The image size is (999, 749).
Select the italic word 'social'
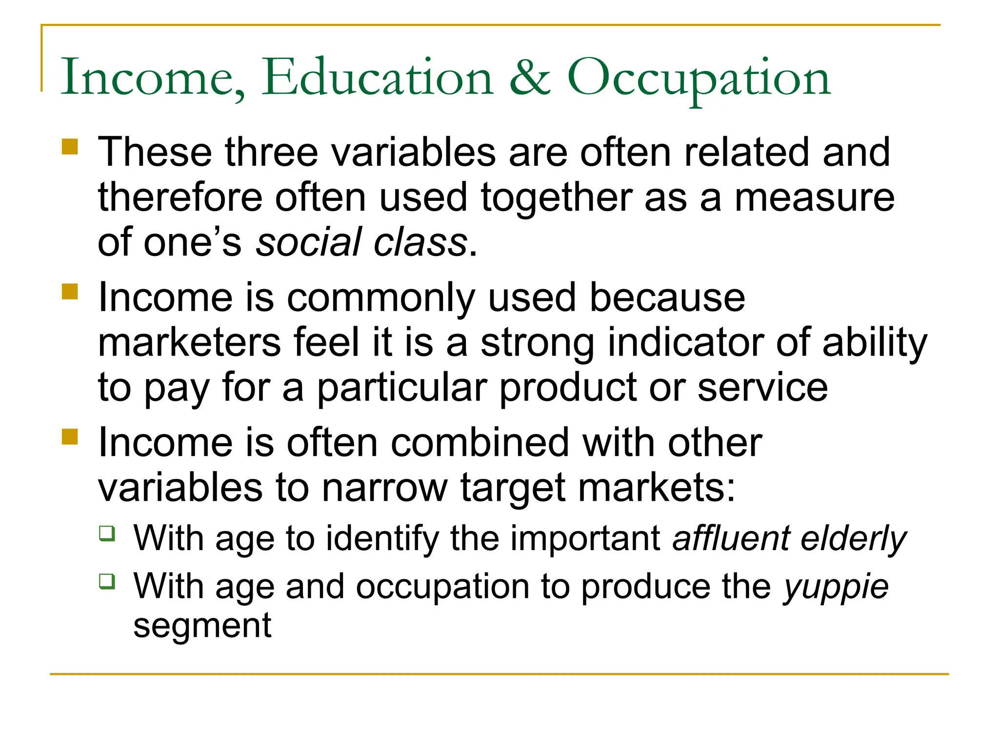308,242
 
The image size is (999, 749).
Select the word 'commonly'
381,298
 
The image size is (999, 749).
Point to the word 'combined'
480,443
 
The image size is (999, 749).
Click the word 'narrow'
384,488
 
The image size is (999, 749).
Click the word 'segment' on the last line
202,625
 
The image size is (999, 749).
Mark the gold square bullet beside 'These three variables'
70,147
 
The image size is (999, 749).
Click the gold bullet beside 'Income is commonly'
70,292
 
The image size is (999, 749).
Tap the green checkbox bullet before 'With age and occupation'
107,581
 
